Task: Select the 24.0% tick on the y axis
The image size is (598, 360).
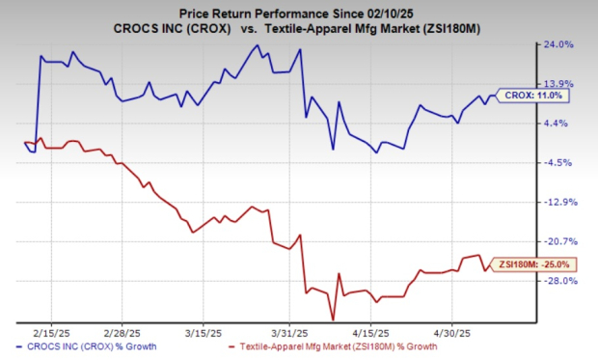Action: coord(562,44)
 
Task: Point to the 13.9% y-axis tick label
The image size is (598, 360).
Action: coord(562,83)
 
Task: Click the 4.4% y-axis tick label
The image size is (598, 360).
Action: coord(562,123)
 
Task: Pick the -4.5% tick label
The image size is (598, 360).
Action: coord(562,162)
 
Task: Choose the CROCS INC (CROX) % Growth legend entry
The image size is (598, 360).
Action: coord(91,346)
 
